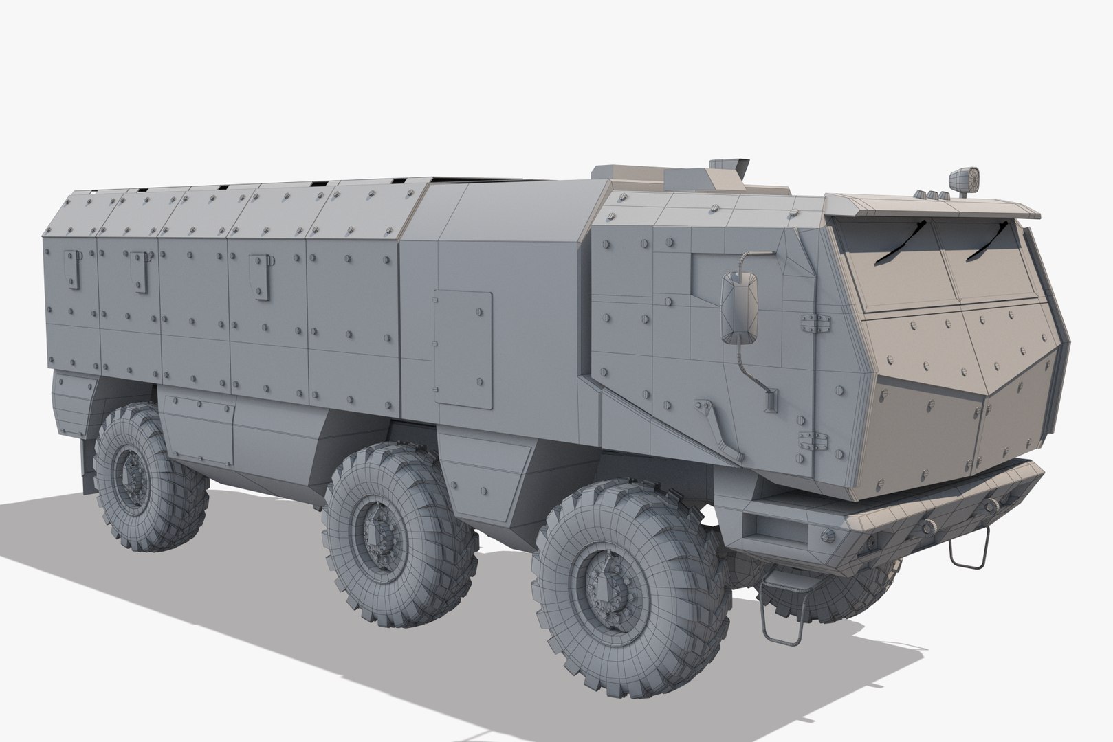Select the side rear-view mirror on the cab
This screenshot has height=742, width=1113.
[740, 306]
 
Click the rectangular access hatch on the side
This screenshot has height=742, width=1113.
[463, 350]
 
